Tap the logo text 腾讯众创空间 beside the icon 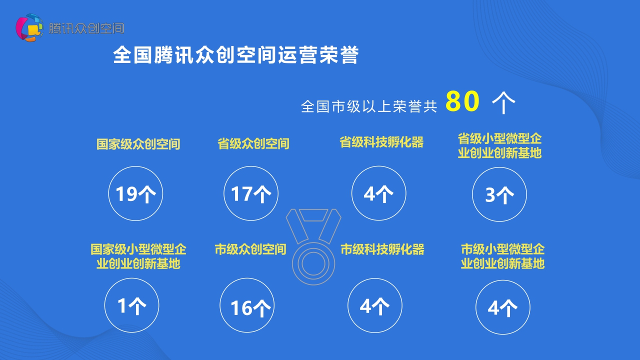[86, 28]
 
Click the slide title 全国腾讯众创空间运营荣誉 [235, 55]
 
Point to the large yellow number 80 [462, 102]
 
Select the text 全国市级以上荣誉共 [369, 106]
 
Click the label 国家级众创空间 [138, 144]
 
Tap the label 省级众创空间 [253, 144]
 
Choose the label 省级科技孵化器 [381, 142]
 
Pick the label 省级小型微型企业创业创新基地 [499, 145]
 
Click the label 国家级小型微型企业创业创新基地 [138, 256]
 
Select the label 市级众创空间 [250, 249]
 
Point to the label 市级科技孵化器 [382, 249]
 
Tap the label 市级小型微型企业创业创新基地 [502, 256]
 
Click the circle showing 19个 [135, 193]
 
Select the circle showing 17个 [251, 193]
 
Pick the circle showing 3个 [499, 194]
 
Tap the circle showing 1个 [131, 305]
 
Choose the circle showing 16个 [247, 306]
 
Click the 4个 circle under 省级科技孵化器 [378, 193]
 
